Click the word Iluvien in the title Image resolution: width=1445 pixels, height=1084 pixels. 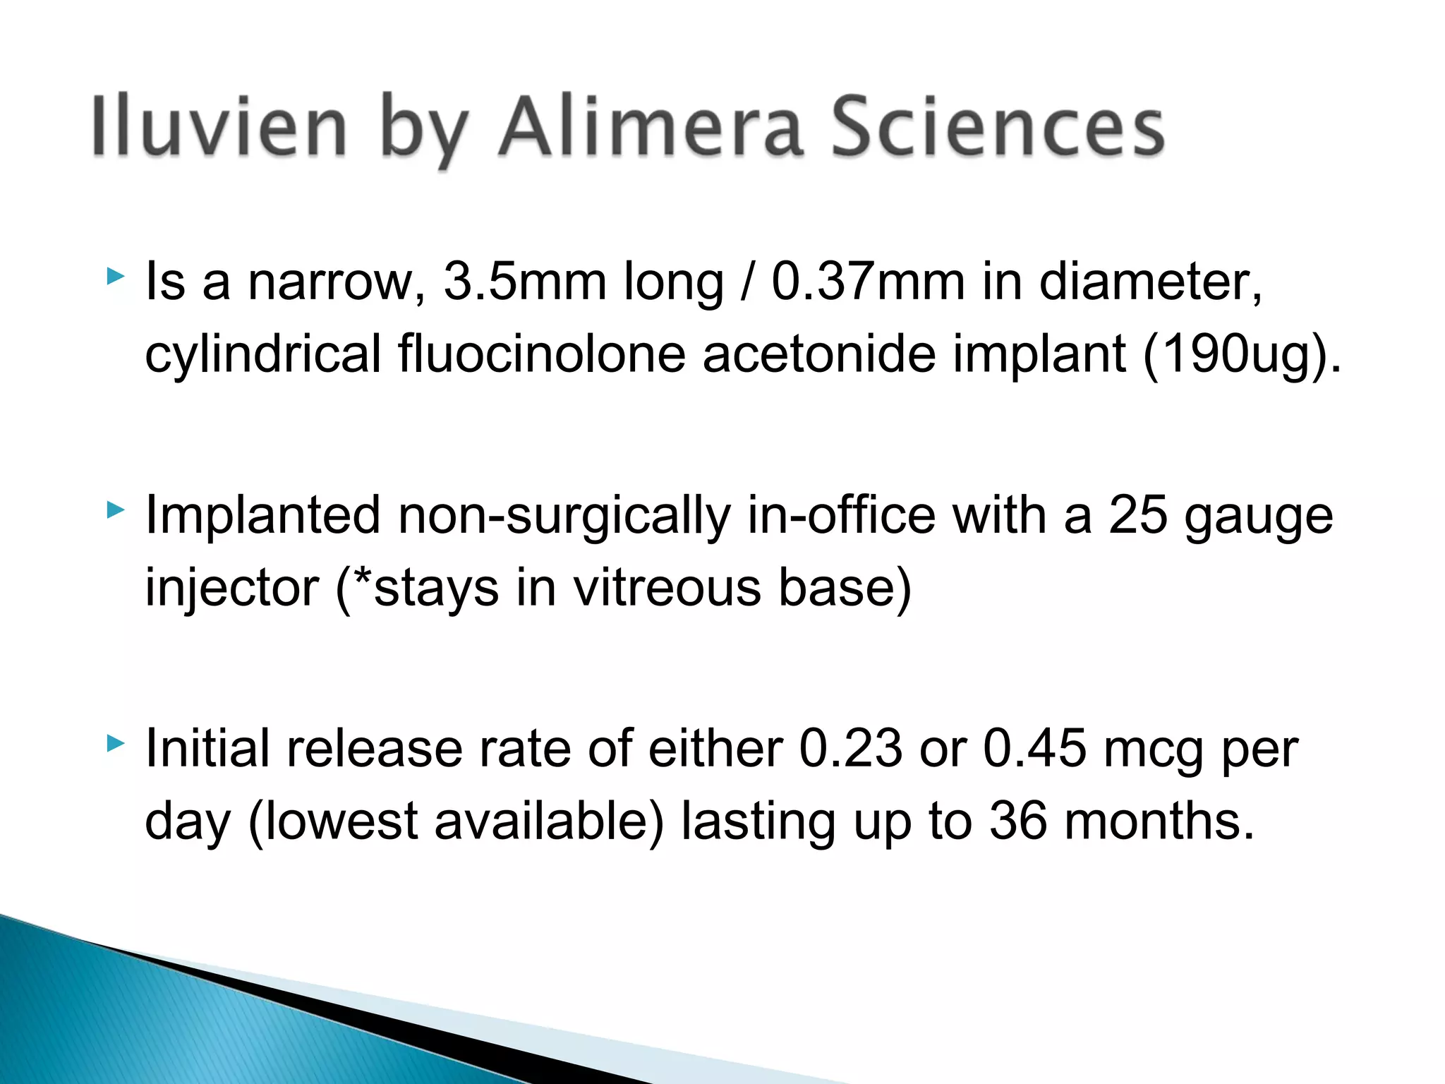coord(219,127)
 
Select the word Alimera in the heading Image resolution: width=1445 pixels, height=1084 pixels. coord(651,127)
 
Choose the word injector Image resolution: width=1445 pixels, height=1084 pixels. coord(232,589)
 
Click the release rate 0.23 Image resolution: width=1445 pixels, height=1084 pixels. coord(850,749)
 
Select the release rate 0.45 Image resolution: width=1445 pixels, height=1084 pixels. coord(1034,749)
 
